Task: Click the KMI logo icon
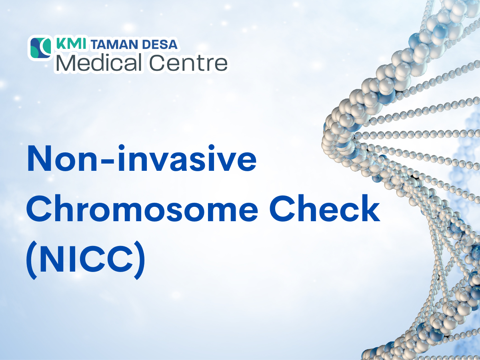pos(41,48)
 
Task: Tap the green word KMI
pos(71,44)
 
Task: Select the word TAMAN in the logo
pos(114,44)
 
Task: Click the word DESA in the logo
pos(160,44)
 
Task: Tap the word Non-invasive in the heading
pos(142,159)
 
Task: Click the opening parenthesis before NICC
pos(32,260)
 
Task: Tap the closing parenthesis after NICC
pos(140,260)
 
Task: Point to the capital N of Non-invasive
pos(40,159)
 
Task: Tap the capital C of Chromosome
pos(41,208)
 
